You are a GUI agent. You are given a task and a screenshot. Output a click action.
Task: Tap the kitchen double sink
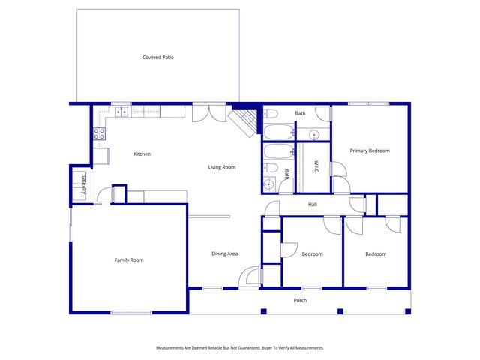(x=120, y=112)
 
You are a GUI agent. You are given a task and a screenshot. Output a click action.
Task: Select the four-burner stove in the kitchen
(x=98, y=135)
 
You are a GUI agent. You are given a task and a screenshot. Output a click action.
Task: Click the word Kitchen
(x=142, y=154)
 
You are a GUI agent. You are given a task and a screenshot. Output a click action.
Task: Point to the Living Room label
(x=222, y=167)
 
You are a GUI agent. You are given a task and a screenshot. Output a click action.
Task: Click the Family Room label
(x=129, y=260)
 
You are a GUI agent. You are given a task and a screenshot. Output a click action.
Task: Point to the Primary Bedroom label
(x=370, y=151)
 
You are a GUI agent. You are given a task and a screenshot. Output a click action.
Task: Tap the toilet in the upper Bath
(x=271, y=113)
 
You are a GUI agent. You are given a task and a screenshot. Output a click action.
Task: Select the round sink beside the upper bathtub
(x=315, y=135)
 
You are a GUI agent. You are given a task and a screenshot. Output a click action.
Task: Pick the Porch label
(x=300, y=300)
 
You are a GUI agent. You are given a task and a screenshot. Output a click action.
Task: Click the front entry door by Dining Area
(x=250, y=277)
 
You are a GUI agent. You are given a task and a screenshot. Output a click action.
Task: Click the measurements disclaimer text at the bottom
(x=240, y=348)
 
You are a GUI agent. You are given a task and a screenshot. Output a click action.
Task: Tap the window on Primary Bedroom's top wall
(x=368, y=103)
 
